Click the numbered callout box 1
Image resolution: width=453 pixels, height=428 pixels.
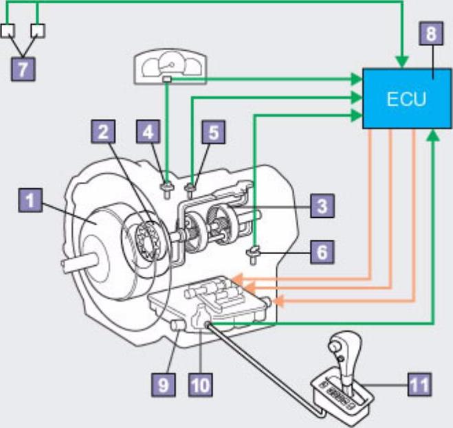[29, 202]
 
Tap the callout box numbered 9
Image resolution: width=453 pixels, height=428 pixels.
[163, 384]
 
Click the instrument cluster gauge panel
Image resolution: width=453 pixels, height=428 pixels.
[169, 67]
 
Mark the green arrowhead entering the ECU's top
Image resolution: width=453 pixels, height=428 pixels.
[401, 62]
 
